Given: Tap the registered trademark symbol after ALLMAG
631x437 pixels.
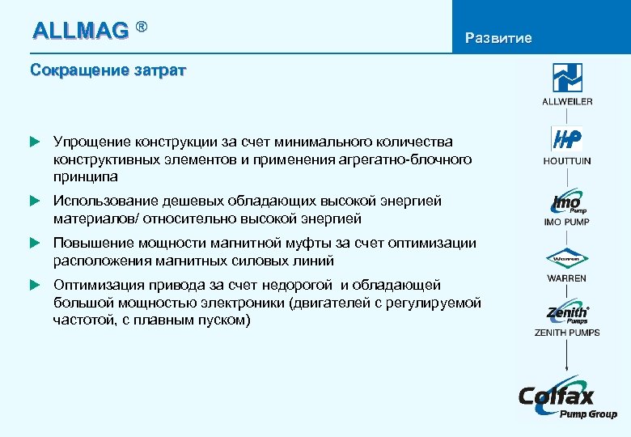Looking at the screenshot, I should (x=142, y=27).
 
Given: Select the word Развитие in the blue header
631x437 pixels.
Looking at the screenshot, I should (x=498, y=38).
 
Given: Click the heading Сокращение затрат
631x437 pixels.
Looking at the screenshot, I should (x=108, y=70).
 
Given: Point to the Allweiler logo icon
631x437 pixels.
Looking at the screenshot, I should (x=567, y=78).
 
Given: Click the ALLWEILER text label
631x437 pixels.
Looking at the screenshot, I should (x=567, y=101).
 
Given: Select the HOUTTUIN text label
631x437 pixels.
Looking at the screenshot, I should (x=567, y=161).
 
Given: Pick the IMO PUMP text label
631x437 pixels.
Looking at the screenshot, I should (x=567, y=222).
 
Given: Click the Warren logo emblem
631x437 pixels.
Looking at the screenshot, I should (x=567, y=260).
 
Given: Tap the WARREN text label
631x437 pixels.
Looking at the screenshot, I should (x=567, y=278).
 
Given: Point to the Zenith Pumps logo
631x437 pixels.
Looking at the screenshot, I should (x=567, y=314).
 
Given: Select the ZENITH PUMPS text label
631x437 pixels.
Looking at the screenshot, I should (x=567, y=333).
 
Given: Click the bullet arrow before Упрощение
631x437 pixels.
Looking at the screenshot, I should (x=35, y=142).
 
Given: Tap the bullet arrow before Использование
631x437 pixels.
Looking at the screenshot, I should (x=35, y=201).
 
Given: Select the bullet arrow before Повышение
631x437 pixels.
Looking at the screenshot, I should (x=35, y=243).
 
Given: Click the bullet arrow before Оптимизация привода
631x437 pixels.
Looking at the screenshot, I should (x=35, y=285).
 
